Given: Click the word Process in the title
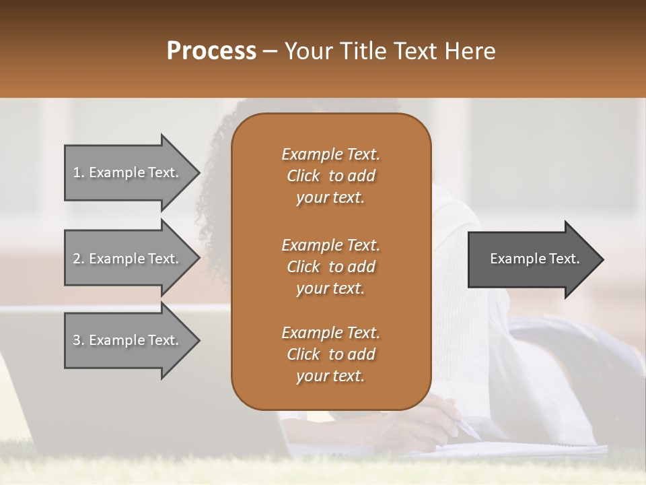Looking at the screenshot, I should (x=211, y=51).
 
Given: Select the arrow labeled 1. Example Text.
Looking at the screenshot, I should (x=128, y=172).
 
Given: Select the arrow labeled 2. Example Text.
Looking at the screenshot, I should (x=128, y=259).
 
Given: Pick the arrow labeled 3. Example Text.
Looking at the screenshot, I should (x=128, y=340).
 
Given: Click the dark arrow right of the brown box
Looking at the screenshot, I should (x=532, y=259).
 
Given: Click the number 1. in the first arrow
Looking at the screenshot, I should (x=79, y=172).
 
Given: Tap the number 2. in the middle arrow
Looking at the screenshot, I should (x=79, y=259).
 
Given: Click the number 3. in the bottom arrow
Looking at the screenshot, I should (x=79, y=340).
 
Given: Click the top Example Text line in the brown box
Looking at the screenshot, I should (x=330, y=154).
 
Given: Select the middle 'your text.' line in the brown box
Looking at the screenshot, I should (x=330, y=288).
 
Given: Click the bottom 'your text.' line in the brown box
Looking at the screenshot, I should (x=330, y=377).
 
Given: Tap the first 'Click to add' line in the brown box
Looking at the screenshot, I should (x=330, y=176).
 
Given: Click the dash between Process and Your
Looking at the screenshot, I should (x=270, y=51).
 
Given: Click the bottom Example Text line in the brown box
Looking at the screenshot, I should (x=330, y=333).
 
